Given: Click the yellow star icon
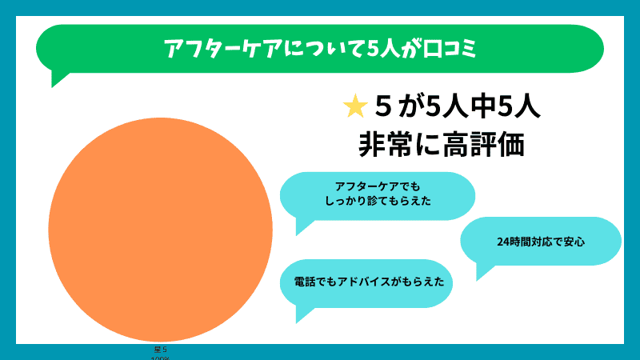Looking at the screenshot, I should (x=354, y=106).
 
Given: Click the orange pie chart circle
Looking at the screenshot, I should (x=160, y=230).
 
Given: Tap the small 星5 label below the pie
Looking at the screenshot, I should (x=160, y=350).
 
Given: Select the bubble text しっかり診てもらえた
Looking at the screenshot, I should (x=378, y=202).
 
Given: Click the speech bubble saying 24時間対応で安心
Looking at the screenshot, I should (x=541, y=241).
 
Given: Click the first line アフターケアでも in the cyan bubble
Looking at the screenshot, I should (x=378, y=186).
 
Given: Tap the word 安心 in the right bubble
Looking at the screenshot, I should (x=574, y=241).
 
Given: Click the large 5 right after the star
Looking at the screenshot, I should (x=382, y=106).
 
